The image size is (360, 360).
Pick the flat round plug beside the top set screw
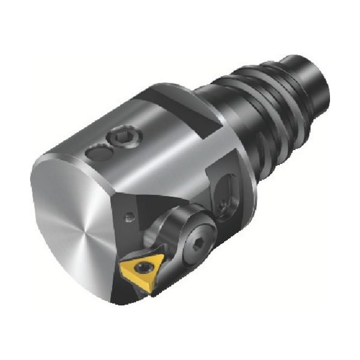point(97,154)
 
